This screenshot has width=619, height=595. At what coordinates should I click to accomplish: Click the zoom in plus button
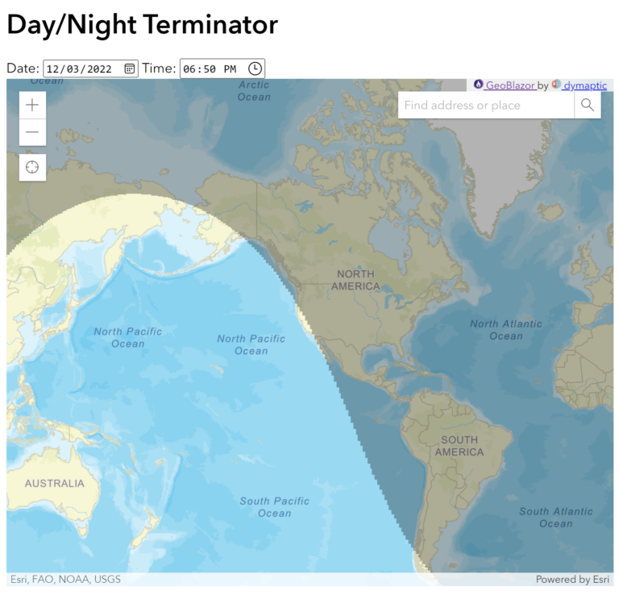tap(32, 105)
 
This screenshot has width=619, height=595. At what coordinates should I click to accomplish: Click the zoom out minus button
tap(32, 132)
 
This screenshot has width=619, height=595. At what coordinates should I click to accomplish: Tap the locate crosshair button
tap(32, 167)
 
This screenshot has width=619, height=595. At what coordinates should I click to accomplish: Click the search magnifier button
tap(587, 105)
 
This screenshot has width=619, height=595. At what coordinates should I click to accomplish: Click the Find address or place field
tap(486, 105)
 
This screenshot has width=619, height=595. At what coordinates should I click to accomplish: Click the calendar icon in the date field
tap(130, 69)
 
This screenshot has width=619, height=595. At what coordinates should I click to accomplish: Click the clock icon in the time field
tap(254, 69)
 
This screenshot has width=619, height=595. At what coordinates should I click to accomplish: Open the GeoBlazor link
tap(509, 85)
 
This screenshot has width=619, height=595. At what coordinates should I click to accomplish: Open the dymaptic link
tap(584, 85)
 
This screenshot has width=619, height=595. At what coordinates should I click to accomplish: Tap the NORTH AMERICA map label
tap(355, 280)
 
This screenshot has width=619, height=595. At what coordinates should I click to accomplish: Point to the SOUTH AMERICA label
tap(459, 446)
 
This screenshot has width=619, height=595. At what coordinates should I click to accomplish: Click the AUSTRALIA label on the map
tap(54, 484)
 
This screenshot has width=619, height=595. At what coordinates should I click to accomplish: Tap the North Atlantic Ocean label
tap(506, 330)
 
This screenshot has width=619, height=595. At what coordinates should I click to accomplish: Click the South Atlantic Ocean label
tap(555, 517)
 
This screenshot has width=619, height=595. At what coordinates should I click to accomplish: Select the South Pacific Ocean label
tap(274, 507)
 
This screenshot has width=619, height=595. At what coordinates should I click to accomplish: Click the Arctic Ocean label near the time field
tap(254, 91)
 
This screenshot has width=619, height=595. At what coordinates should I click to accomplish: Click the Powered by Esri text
tap(573, 579)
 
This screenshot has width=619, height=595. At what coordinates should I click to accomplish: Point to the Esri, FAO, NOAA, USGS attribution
tap(65, 579)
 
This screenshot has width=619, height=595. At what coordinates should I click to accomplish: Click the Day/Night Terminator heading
tap(142, 24)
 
